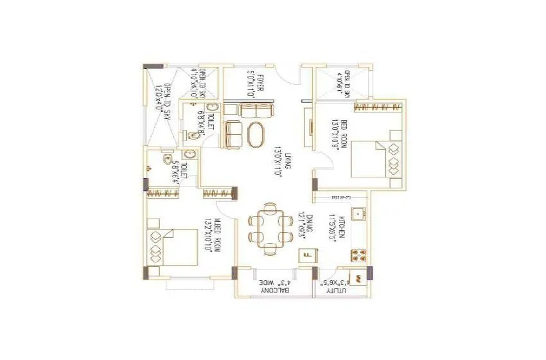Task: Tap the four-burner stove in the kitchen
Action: [x=358, y=254]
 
